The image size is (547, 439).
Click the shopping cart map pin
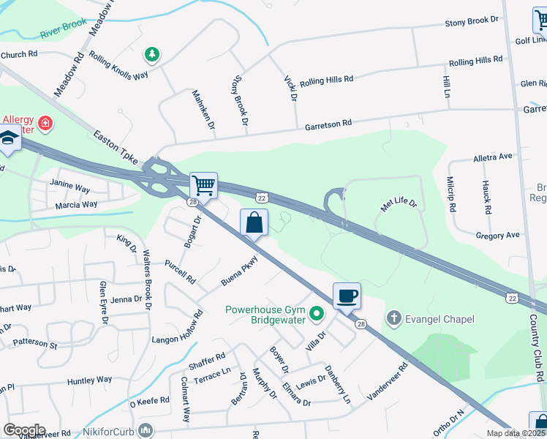pos(203,184)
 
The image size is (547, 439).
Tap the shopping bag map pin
pos(254,222)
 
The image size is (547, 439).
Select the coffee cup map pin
pos(347,296)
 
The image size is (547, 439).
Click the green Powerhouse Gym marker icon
pos(317,314)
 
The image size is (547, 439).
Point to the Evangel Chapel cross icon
pos(393,318)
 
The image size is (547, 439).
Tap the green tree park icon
pos(152,54)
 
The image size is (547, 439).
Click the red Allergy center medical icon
pos(45,124)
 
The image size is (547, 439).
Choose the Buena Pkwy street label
pos(241,271)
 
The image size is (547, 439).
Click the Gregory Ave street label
pos(497,236)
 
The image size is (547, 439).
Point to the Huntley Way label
pos(90,380)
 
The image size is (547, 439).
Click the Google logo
pos(24,429)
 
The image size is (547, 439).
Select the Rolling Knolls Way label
pos(118,65)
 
